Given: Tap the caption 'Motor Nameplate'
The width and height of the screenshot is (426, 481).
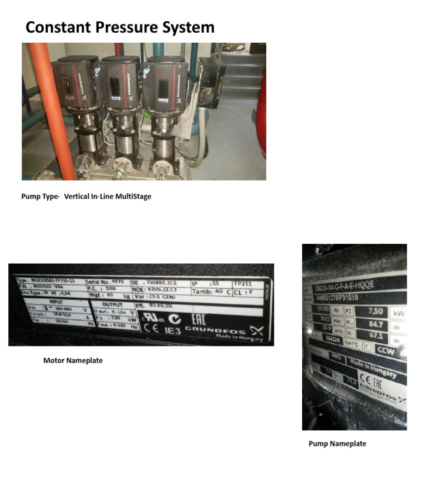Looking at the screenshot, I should pyautogui.click(x=73, y=360).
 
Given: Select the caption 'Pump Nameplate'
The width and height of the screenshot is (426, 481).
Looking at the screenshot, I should pyautogui.click(x=337, y=443).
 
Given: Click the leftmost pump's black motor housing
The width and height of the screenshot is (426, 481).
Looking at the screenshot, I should pyautogui.click(x=72, y=83).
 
